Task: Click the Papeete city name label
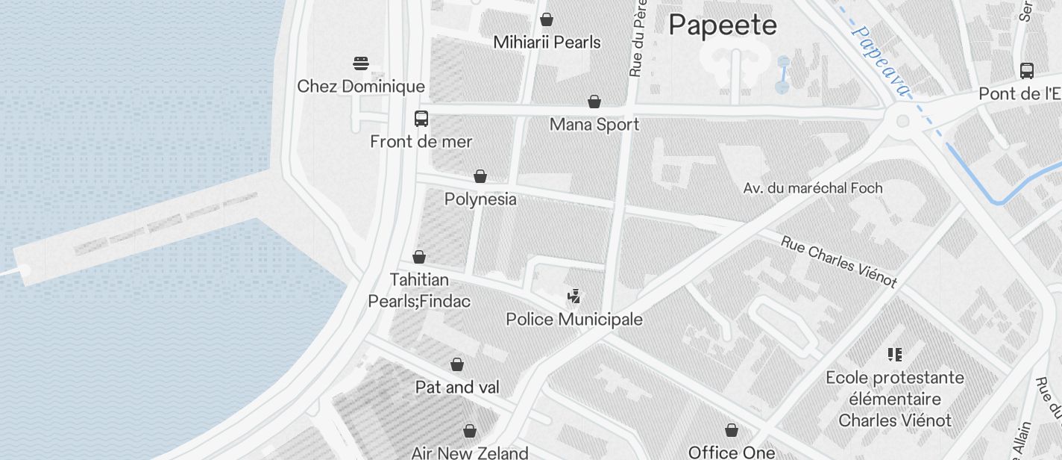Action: (x=722, y=25)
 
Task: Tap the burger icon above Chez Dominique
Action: (x=361, y=63)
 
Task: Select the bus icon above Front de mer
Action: (x=421, y=119)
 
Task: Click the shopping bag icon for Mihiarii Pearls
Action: (x=547, y=19)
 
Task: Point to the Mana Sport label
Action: (x=594, y=125)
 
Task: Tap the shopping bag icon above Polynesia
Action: (x=480, y=176)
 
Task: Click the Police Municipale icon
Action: (x=574, y=296)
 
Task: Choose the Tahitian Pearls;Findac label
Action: (x=419, y=290)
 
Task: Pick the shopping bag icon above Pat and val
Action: (x=457, y=364)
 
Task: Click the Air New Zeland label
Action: (x=470, y=453)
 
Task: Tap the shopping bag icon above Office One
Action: (x=732, y=430)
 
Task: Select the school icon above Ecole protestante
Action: (x=895, y=354)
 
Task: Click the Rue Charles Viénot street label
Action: (x=838, y=261)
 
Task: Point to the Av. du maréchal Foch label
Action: (x=813, y=188)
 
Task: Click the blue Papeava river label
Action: (x=881, y=62)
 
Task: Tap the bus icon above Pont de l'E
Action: (x=1027, y=71)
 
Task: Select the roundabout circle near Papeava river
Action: (x=903, y=120)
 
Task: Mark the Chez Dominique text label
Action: (x=361, y=87)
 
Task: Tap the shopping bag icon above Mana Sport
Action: (x=594, y=102)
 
